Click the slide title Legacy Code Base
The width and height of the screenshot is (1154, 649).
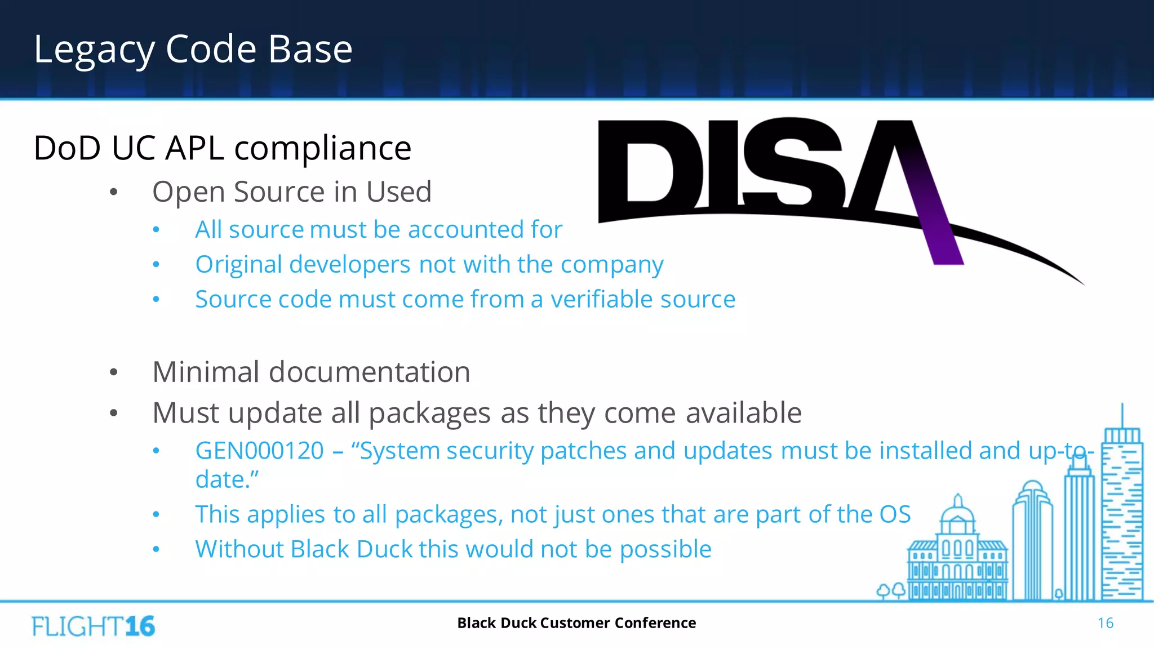point(193,50)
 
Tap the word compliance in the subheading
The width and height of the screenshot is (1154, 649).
point(322,149)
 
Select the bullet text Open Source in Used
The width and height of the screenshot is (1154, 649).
point(291,192)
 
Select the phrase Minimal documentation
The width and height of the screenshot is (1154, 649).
point(311,372)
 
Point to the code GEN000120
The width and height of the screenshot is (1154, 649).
point(259,451)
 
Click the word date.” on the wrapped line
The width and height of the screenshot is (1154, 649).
point(227,480)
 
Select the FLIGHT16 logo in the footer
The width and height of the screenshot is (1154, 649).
point(94,626)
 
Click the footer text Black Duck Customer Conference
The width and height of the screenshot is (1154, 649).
point(576,623)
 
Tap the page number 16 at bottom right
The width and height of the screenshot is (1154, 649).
point(1105,623)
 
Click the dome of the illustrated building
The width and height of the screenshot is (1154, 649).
point(957,513)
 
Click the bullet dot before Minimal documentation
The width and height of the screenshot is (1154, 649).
point(114,372)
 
